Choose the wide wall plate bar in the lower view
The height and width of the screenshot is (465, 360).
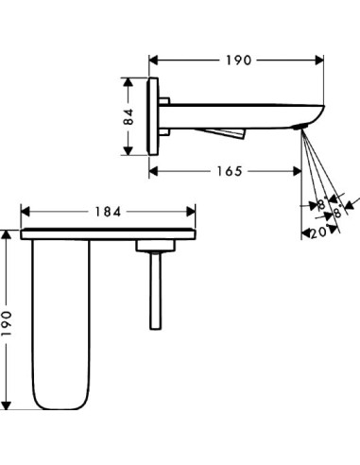[108, 232]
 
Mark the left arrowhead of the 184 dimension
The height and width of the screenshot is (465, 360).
[26, 213]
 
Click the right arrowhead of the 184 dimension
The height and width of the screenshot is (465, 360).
[191, 213]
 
